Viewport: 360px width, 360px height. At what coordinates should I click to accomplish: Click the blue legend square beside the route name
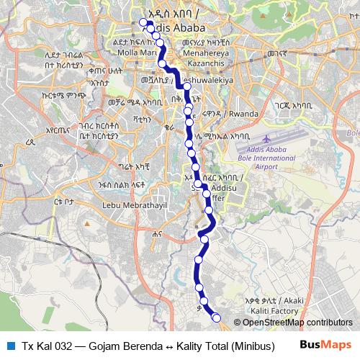coord(11,346)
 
